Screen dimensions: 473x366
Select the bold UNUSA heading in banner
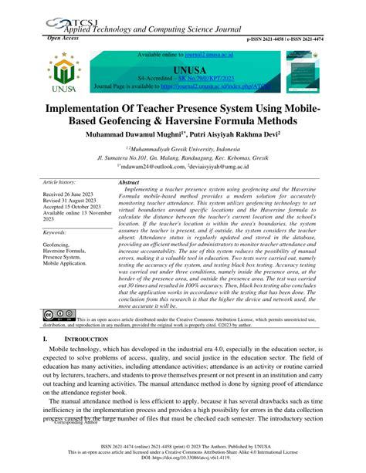tap(183, 69)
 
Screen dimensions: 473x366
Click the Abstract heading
tap(128, 182)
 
